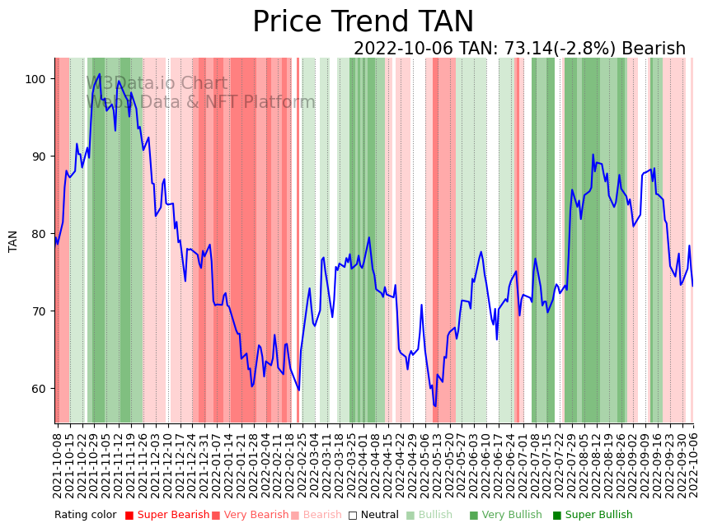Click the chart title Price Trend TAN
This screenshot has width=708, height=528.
(363, 22)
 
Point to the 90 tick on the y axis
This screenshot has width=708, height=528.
(41, 157)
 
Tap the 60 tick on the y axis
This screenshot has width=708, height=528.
(41, 389)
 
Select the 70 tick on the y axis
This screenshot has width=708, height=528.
(41, 311)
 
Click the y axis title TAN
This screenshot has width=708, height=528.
(13, 241)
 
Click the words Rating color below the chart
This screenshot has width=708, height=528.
(86, 516)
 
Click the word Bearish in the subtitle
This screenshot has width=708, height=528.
(653, 49)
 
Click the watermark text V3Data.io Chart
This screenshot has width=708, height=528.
(157, 83)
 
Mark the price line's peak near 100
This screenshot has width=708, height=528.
(100, 74)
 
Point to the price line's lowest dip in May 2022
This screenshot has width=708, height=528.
(435, 406)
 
